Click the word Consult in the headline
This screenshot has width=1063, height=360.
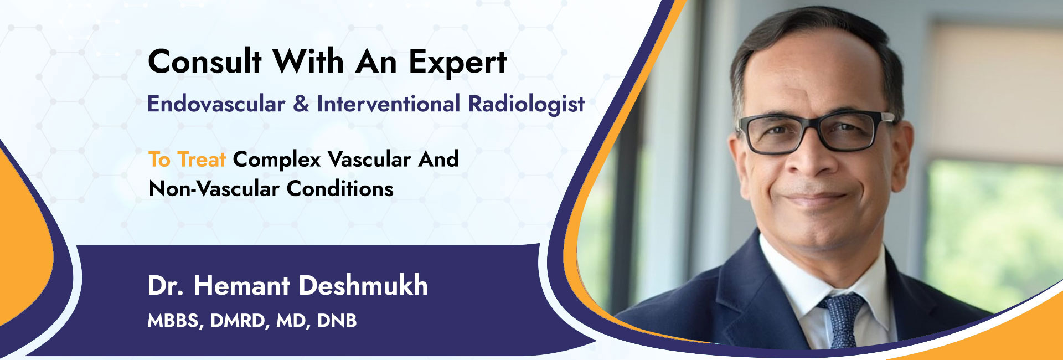pyautogui.click(x=204, y=61)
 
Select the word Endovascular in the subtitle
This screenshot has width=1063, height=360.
pyautogui.click(x=216, y=104)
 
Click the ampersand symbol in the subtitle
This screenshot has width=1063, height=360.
pyautogui.click(x=301, y=104)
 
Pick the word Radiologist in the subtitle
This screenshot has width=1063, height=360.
pyautogui.click(x=527, y=104)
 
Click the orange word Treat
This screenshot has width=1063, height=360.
pyautogui.click(x=202, y=160)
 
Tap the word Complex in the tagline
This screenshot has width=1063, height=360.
pyautogui.click(x=277, y=160)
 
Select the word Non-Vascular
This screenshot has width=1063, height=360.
pyautogui.click(x=214, y=189)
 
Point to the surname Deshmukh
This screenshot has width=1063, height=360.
pyautogui.click(x=363, y=285)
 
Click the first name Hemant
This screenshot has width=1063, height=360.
pyautogui.click(x=241, y=285)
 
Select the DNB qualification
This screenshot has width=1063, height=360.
pyautogui.click(x=337, y=321)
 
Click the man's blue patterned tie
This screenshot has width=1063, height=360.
pyautogui.click(x=843, y=321)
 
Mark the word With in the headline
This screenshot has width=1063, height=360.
pyautogui.click(x=308, y=61)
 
